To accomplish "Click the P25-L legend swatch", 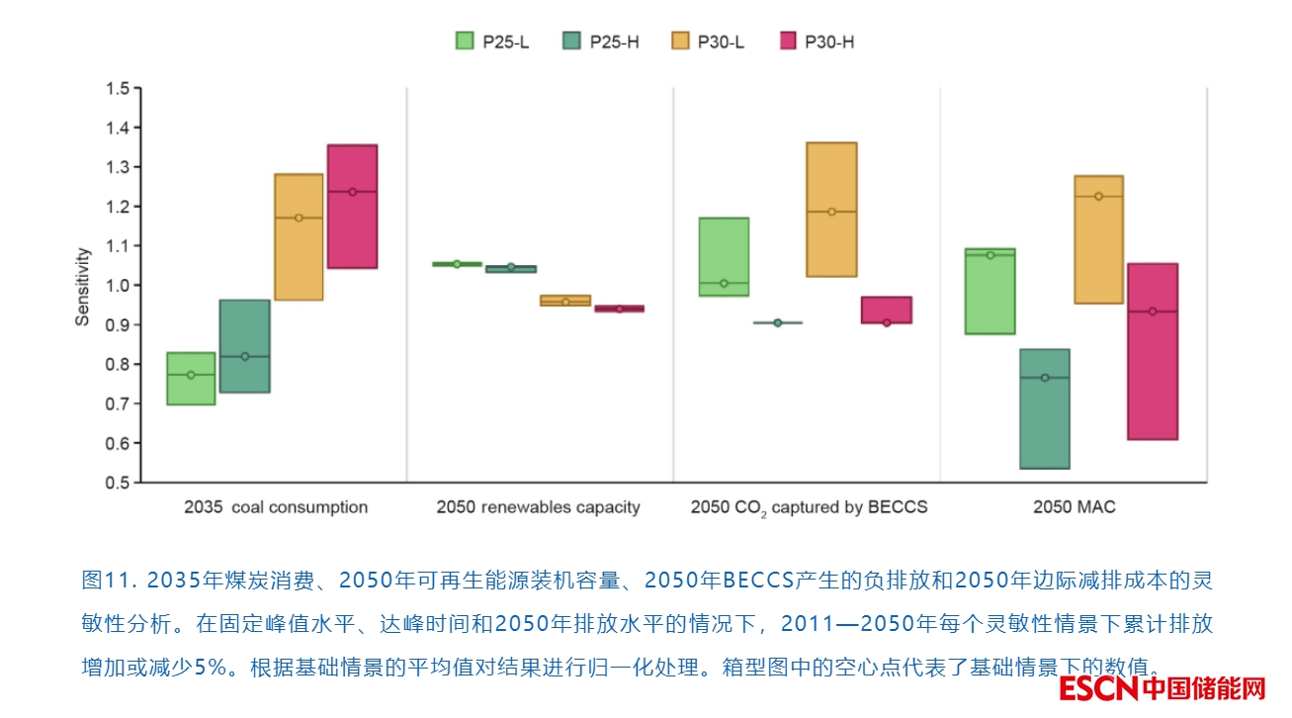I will point(465,41).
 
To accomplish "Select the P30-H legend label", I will point(829,42).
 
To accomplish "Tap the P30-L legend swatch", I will point(679,41).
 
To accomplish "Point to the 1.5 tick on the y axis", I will point(118,89).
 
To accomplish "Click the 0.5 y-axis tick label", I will point(118,483).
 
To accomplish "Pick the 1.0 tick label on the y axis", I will point(118,286).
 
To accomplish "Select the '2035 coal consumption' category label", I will point(276,507).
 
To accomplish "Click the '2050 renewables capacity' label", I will point(538,507).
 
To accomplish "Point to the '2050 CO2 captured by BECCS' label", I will point(809,507).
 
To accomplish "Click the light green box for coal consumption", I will point(191,379).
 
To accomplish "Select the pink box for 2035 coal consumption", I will point(352,207).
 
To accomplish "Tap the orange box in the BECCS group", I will point(831,210).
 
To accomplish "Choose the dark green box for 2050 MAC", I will point(1044,408).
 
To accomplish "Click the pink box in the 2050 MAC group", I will point(1152,351).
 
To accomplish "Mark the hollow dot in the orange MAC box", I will point(1098,197).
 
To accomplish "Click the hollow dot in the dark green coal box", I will point(245,356).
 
